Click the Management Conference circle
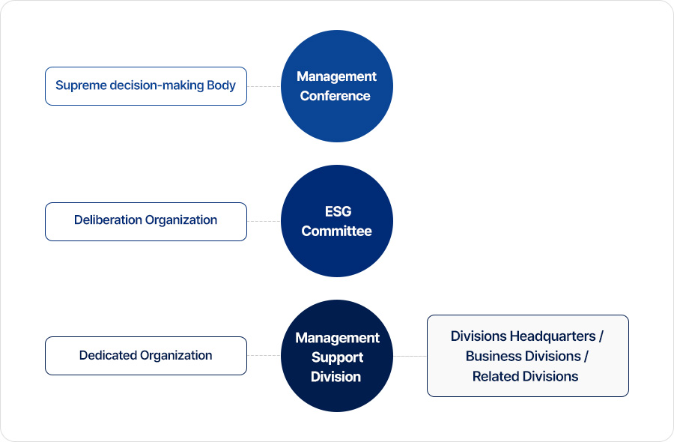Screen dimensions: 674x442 tap(336, 86)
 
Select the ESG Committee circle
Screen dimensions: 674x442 tap(336, 221)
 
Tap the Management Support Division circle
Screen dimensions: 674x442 tap(336, 356)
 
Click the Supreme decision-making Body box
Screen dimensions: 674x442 tap(146, 86)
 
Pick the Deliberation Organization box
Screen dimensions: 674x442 tap(146, 222)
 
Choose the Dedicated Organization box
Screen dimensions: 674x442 tap(146, 356)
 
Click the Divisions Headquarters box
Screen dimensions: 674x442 tap(528, 356)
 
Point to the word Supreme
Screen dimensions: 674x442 tap(81, 85)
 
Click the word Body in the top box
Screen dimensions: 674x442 tap(221, 85)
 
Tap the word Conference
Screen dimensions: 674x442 tap(335, 95)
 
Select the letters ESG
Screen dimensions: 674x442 tap(338, 211)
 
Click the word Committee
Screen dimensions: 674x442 tap(336, 231)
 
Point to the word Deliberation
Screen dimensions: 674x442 tap(109, 220)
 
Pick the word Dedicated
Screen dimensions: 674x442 tap(108, 355)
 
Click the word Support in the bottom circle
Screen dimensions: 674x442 tap(338, 358)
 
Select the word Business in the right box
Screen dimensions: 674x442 tap(494, 356)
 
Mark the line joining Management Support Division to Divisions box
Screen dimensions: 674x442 tap(410, 356)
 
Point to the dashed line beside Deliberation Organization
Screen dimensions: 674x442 tap(264, 222)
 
